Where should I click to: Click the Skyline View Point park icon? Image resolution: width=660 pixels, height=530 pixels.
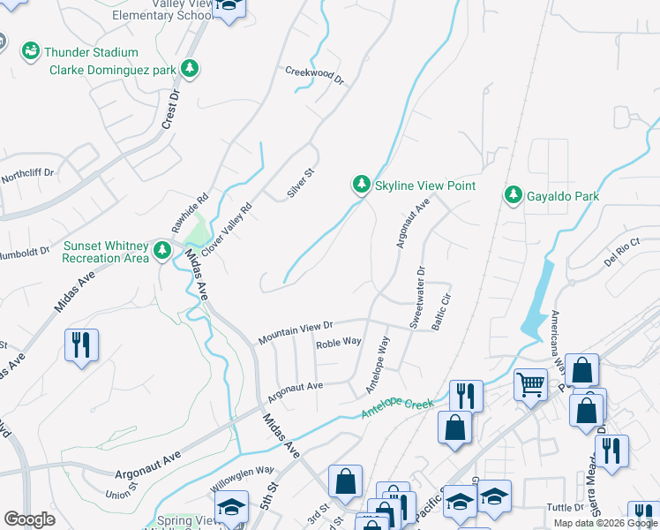(361, 185)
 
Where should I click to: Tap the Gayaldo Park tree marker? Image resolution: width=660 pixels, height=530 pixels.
(513, 194)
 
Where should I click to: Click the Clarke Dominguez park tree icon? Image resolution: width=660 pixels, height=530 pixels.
(189, 68)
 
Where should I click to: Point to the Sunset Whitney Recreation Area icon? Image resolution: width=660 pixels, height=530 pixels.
(161, 251)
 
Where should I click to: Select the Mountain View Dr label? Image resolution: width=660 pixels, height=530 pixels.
(295, 333)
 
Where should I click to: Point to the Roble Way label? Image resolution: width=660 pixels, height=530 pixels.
(339, 342)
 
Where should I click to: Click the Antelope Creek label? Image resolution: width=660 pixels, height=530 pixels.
(397, 408)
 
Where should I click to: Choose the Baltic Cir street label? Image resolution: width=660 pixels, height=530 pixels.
(441, 311)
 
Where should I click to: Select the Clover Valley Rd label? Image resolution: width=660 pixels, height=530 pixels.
(221, 222)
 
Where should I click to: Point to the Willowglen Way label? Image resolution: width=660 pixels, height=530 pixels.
(243, 479)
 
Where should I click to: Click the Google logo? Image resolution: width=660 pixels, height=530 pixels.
(29, 519)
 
